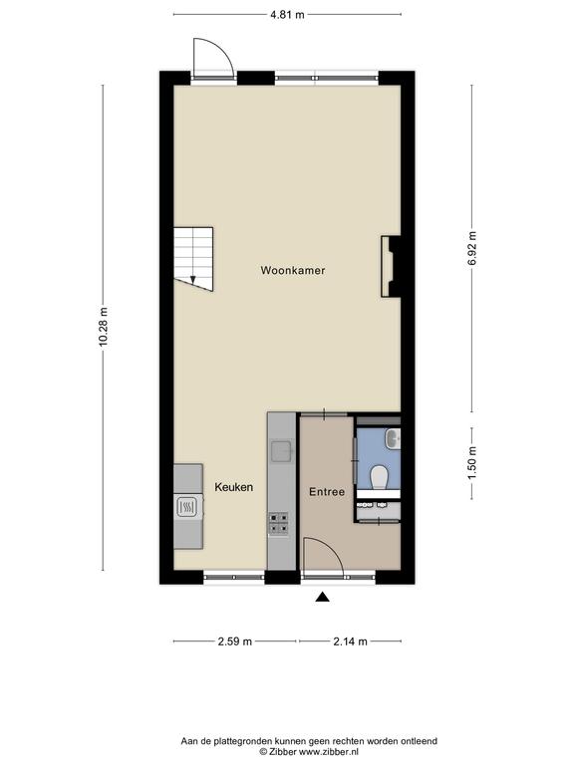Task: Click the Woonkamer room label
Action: click(292, 270)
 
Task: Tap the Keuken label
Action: click(234, 487)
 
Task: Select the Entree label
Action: click(327, 492)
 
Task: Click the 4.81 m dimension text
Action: click(287, 15)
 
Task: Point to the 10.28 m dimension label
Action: click(103, 327)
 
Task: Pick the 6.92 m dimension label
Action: click(472, 248)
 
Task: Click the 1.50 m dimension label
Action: click(472, 463)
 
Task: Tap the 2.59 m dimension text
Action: click(235, 641)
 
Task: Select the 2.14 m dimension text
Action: click(350, 641)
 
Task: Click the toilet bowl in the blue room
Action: click(379, 477)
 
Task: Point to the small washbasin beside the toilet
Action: click(394, 438)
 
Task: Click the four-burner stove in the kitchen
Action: click(278, 523)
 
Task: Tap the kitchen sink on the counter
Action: click(282, 451)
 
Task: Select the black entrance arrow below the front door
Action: click(322, 597)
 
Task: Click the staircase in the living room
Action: click(193, 258)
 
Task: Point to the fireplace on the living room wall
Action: click(391, 266)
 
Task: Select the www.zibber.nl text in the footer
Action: click(329, 752)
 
